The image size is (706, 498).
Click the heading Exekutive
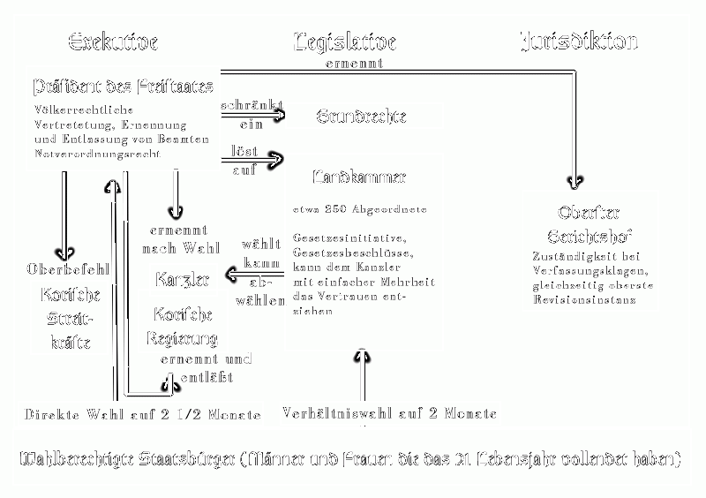coord(112,41)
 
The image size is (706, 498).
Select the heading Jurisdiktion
coord(578,41)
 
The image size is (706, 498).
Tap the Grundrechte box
coord(352,116)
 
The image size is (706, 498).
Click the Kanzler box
coord(182,281)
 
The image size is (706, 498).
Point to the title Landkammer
coord(359,177)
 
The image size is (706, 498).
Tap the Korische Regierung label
coord(184,327)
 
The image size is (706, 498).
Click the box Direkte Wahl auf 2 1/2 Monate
coord(142,414)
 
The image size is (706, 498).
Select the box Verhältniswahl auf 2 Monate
coord(389,412)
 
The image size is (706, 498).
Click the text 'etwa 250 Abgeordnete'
coord(360,209)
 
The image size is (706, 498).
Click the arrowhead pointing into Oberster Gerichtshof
coord(576,183)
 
